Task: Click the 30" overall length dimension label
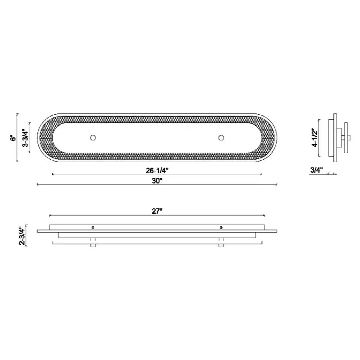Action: point(157,181)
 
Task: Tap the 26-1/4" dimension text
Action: point(157,171)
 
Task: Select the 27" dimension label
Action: point(157,211)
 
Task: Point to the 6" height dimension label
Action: point(14,138)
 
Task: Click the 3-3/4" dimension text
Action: point(26,138)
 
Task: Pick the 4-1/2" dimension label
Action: point(315,138)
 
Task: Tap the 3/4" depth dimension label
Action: point(317,170)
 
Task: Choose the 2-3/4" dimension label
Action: point(22,236)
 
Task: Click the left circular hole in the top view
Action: point(93,138)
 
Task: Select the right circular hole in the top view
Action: point(221,138)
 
